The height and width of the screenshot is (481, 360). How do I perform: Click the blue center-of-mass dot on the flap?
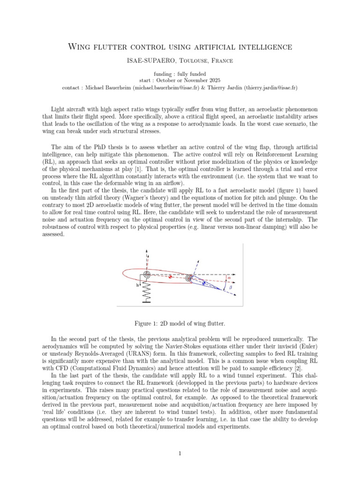tap(203, 283)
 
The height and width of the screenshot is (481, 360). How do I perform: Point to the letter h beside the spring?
tap(138, 285)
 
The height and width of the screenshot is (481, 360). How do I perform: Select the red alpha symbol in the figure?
tap(229, 278)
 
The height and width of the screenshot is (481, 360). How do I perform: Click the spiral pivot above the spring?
tap(147, 274)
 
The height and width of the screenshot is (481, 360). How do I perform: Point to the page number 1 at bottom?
tap(180, 453)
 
